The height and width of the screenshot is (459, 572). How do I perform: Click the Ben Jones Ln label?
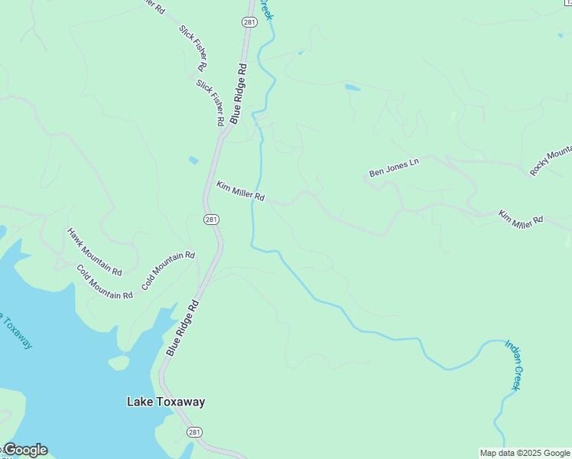click(x=395, y=168)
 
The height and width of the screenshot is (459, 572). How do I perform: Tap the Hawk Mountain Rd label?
click(x=94, y=252)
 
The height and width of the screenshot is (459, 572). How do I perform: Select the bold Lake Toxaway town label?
click(x=166, y=402)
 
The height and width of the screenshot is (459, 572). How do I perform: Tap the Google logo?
click(x=24, y=450)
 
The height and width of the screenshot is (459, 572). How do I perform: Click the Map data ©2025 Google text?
click(x=525, y=453)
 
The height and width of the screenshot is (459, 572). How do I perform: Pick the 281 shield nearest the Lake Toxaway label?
click(x=195, y=432)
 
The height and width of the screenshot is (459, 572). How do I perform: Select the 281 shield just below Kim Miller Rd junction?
click(x=212, y=220)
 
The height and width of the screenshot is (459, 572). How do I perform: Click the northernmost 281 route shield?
click(x=249, y=22)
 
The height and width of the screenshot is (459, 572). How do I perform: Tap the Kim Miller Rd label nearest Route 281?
click(x=240, y=191)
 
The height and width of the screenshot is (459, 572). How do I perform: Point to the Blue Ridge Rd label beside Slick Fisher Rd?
click(x=239, y=93)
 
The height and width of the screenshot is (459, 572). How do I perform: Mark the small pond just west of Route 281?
click(x=193, y=160)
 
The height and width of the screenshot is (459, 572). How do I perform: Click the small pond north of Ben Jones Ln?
click(x=352, y=87)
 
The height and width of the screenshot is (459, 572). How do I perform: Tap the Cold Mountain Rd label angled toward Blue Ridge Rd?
click(x=168, y=272)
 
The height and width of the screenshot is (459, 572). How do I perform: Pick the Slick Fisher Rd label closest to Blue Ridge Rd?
click(x=210, y=103)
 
